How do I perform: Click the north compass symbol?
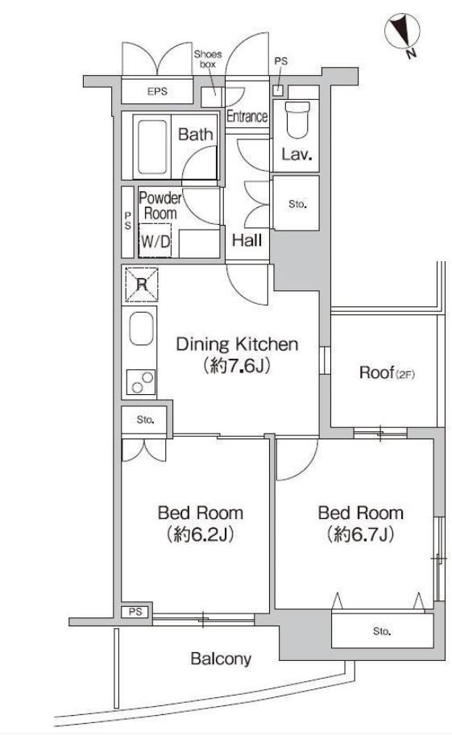pyautogui.click(x=402, y=32)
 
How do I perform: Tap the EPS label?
pyautogui.click(x=157, y=91)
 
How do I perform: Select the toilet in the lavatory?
pyautogui.click(x=298, y=119)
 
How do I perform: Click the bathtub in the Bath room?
pyautogui.click(x=152, y=147)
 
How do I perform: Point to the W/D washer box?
pyautogui.click(x=156, y=240)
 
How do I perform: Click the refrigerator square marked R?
pyautogui.click(x=141, y=284)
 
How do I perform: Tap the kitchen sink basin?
pyautogui.click(x=141, y=328)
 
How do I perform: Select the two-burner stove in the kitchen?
pyautogui.click(x=141, y=382)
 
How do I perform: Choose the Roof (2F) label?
pyautogui.click(x=387, y=373)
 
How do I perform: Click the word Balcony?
pyautogui.click(x=221, y=659)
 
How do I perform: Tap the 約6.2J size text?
pyautogui.click(x=200, y=534)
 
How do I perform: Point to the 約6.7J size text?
pyautogui.click(x=360, y=534)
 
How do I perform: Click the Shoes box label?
pyautogui.click(x=208, y=59)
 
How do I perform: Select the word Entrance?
pyautogui.click(x=247, y=116)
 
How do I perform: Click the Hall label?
pyautogui.click(x=247, y=241)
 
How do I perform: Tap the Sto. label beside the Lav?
pyautogui.click(x=297, y=205)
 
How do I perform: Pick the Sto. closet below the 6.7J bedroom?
pyautogui.click(x=382, y=630)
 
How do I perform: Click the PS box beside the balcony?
pyautogui.click(x=135, y=612)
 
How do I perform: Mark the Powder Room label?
pyautogui.click(x=160, y=206)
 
